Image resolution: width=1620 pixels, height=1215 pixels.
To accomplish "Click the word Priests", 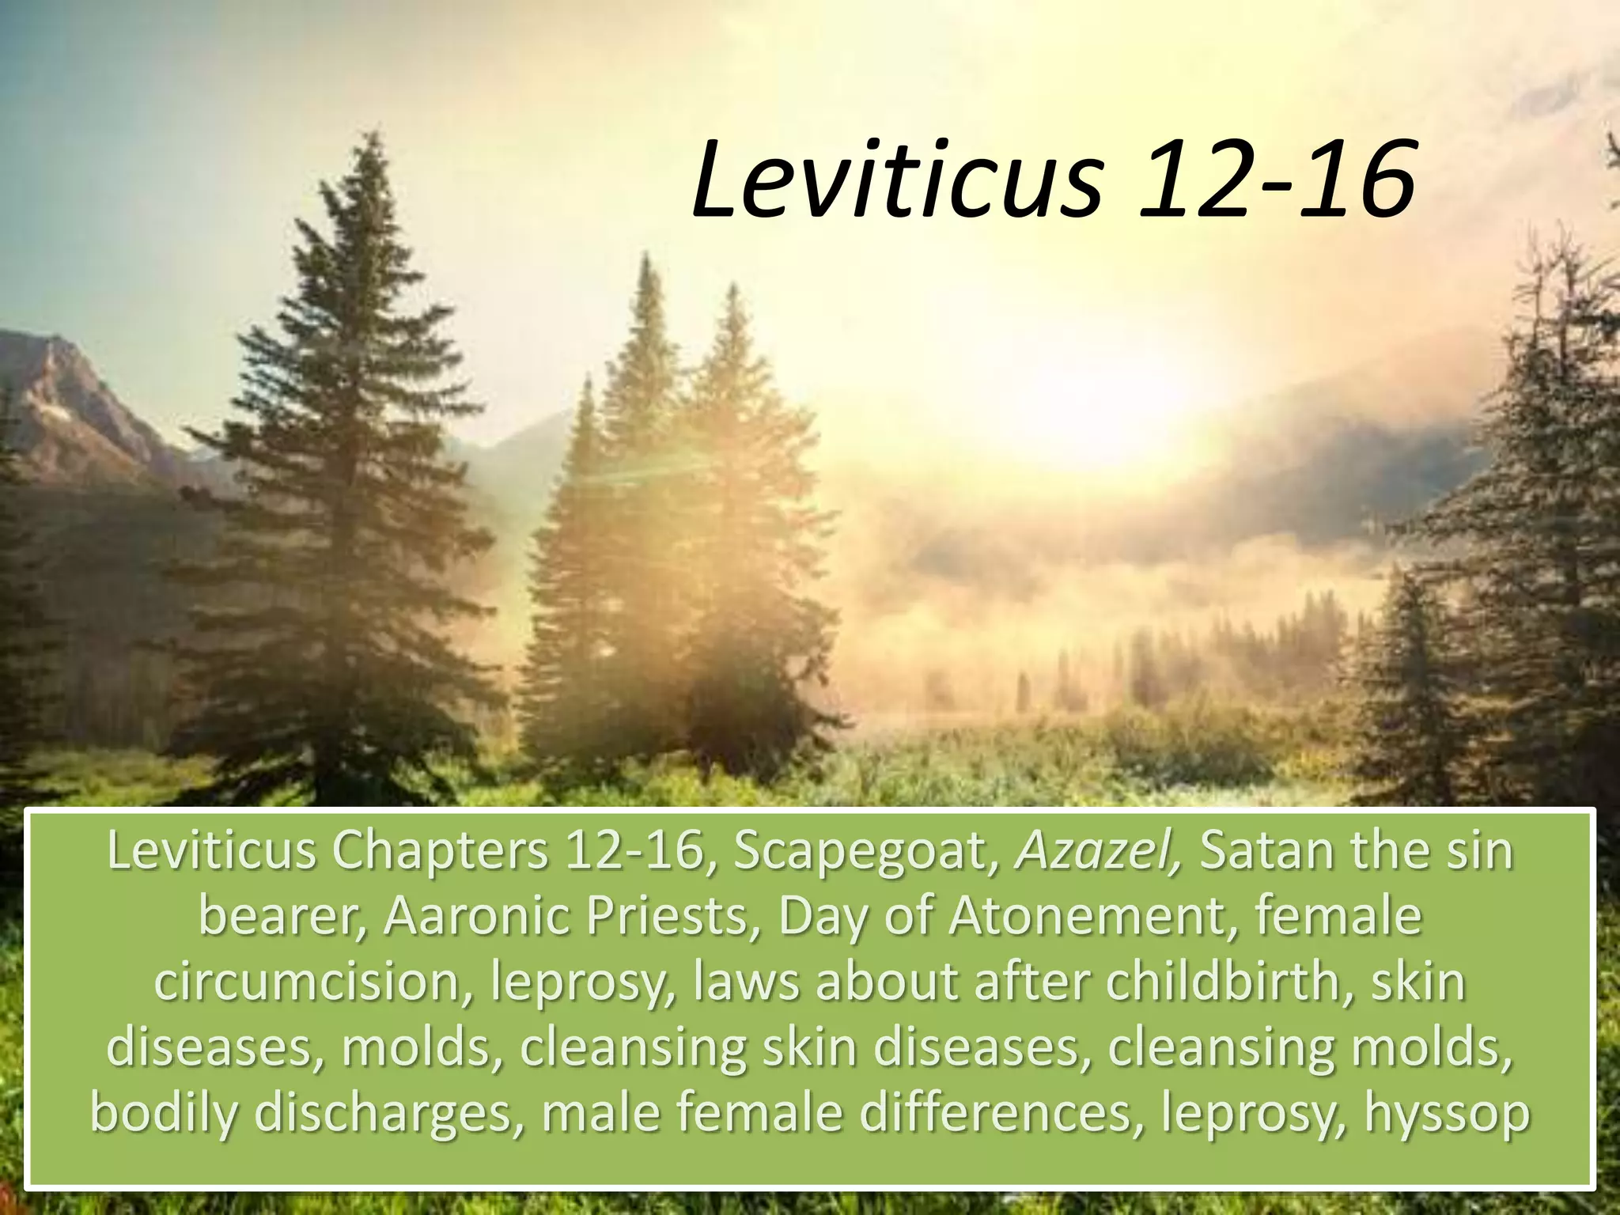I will [662, 918].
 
